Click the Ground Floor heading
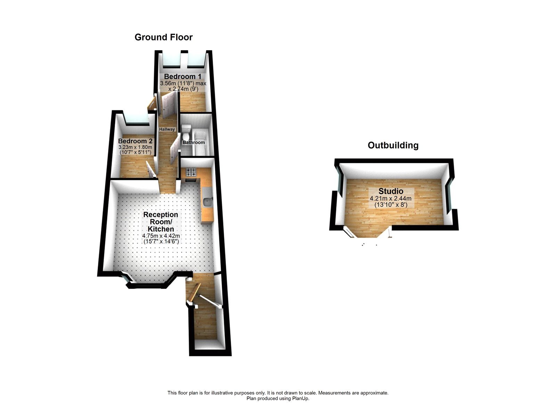[163, 37]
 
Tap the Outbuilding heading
[393, 145]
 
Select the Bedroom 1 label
[182, 76]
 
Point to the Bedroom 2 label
[135, 141]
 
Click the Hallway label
[167, 129]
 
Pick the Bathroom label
[194, 142]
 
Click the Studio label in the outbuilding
[391, 191]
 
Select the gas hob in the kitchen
[191, 172]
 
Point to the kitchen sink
[208, 201]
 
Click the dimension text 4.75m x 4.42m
[161, 236]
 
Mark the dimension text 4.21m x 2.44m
[390, 199]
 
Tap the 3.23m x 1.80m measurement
[135, 147]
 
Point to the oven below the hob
[191, 180]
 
